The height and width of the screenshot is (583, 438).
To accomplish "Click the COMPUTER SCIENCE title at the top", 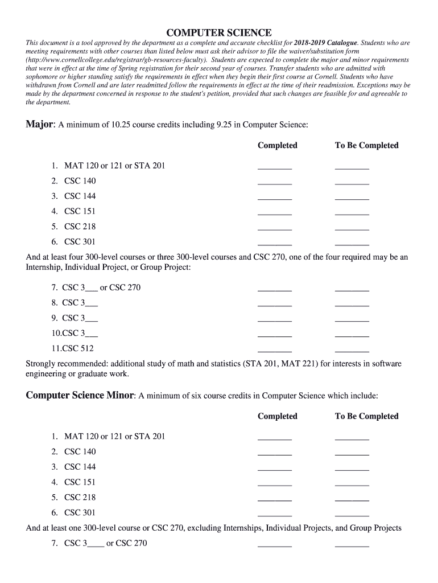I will tap(218, 32).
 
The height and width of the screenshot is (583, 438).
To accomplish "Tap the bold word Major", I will tap(39, 124).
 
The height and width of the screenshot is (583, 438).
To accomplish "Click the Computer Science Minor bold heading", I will tap(80, 395).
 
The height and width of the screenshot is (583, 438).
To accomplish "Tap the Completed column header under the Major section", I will tap(277, 145).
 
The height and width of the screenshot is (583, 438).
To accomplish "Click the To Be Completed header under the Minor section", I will tap(366, 416).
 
